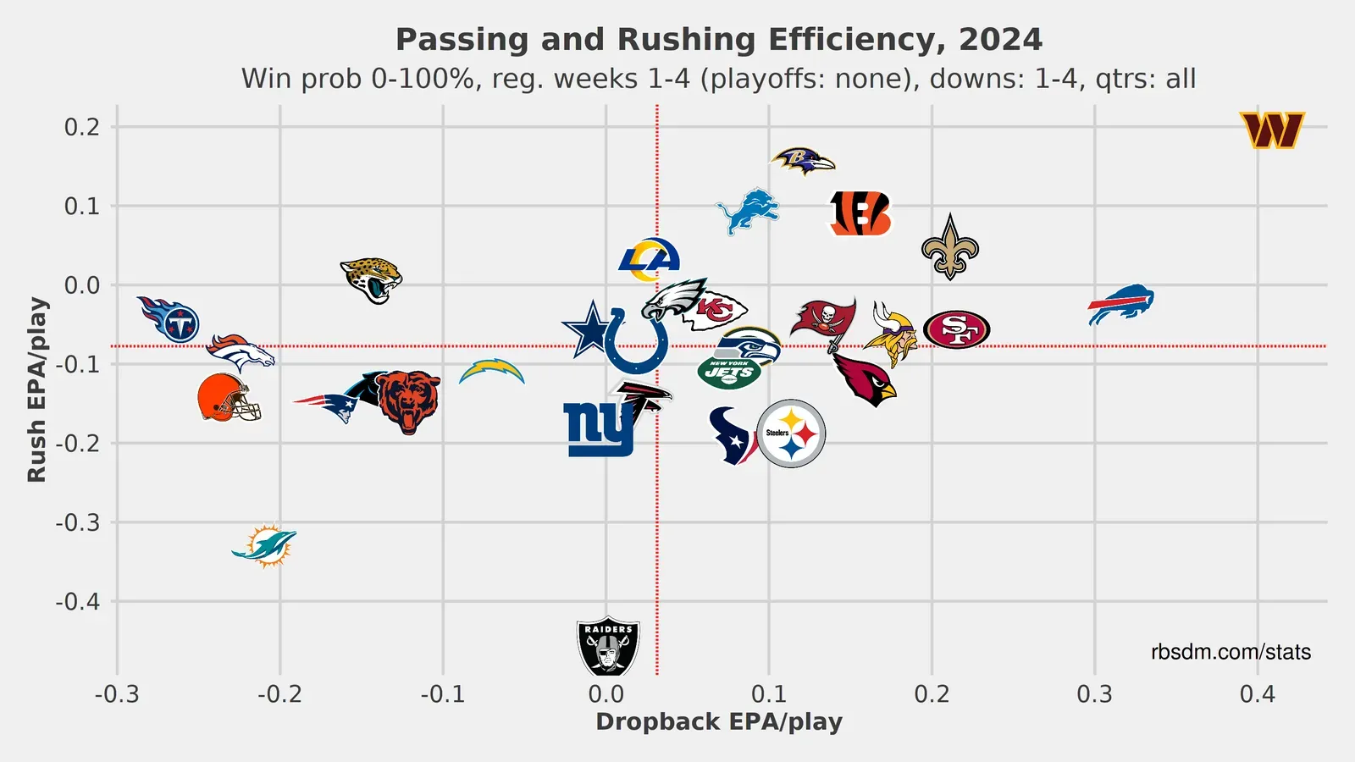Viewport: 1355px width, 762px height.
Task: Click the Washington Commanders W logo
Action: (x=1271, y=130)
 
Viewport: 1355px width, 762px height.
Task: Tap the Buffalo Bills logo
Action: (x=1120, y=306)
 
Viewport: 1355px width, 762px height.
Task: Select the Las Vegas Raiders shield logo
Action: (x=608, y=646)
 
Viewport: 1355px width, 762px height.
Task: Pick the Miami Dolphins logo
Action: (x=265, y=545)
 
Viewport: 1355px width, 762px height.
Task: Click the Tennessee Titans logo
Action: (x=170, y=319)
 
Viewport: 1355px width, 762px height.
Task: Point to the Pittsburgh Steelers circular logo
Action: (x=791, y=433)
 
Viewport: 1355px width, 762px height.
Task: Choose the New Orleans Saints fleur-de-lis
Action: (x=950, y=247)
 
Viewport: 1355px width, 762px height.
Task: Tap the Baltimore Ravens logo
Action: (x=802, y=160)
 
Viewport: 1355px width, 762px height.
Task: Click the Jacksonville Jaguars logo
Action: (x=372, y=280)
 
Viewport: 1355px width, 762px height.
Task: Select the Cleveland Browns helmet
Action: (x=228, y=398)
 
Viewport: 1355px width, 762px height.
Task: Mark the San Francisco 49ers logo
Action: (x=957, y=329)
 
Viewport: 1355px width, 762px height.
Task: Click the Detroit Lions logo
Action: (x=748, y=211)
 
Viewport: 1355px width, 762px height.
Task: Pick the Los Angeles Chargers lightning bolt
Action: (x=492, y=371)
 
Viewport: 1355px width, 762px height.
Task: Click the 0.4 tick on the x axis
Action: (x=1257, y=695)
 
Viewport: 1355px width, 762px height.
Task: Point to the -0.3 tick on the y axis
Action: (x=78, y=522)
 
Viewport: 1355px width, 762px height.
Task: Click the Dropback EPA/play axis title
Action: (x=719, y=722)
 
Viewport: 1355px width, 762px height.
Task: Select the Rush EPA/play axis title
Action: (x=36, y=389)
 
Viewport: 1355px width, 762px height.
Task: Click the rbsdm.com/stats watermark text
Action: (x=1231, y=652)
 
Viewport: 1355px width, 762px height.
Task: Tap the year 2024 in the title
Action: (x=1000, y=40)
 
